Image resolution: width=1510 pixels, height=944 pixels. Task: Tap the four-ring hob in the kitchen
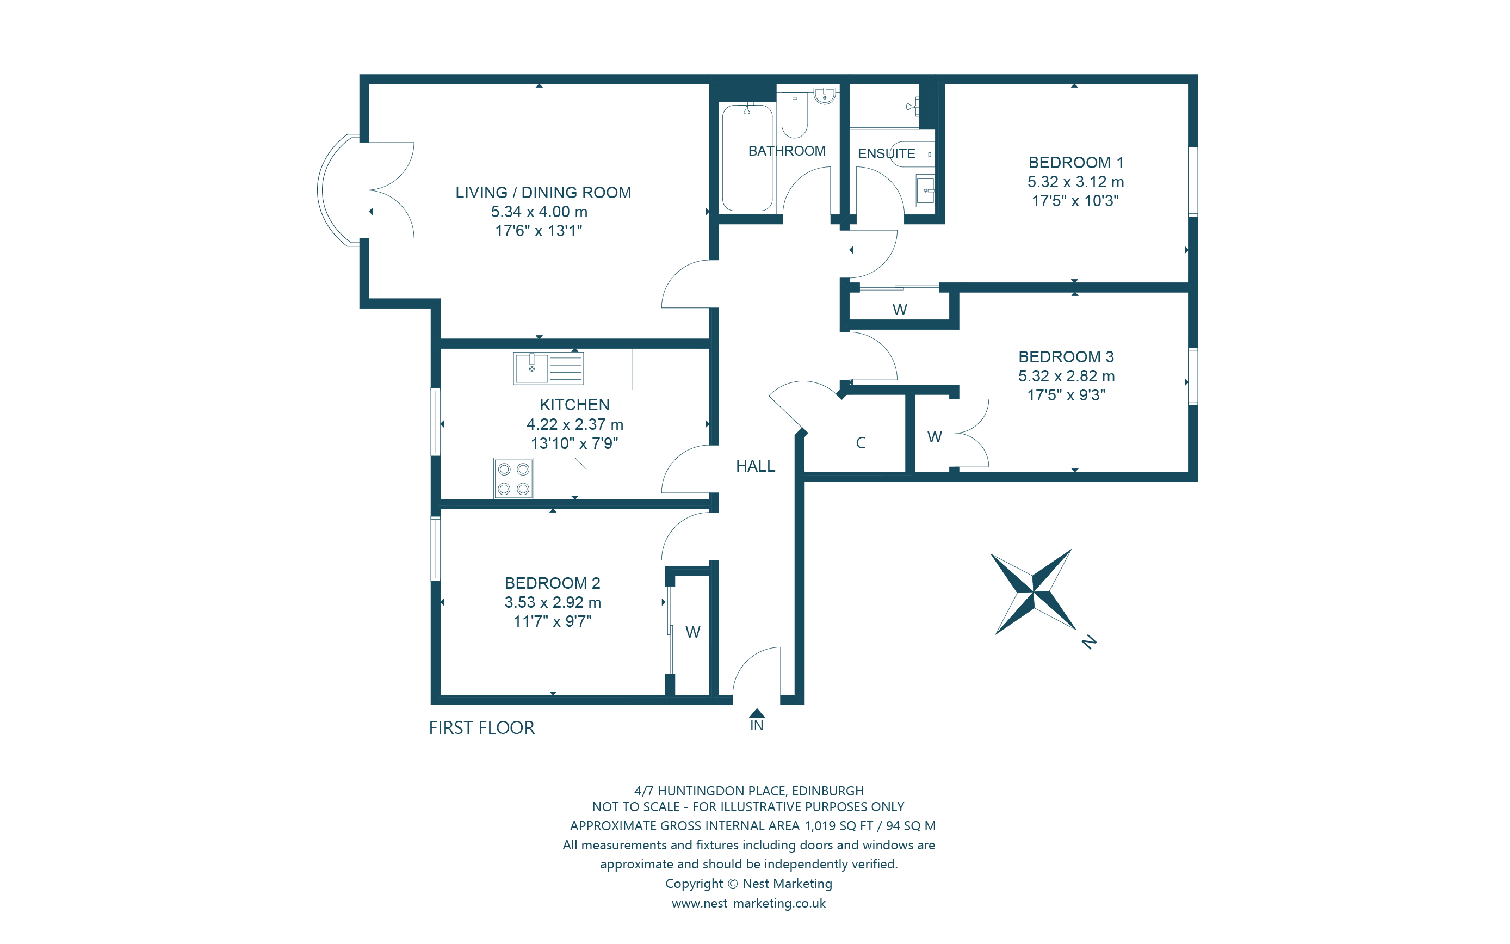(513, 479)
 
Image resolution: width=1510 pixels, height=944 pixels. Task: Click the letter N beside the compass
(1089, 642)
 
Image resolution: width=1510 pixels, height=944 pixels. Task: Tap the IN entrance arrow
(757, 714)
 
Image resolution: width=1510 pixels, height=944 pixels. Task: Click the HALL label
(755, 466)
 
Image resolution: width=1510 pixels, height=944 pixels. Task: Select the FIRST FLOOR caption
(481, 728)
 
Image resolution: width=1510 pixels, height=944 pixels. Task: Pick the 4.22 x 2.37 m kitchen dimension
(574, 424)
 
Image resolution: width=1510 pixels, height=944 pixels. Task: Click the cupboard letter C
(861, 443)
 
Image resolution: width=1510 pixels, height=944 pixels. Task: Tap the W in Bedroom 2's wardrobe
(692, 632)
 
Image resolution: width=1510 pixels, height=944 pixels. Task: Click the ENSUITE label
(886, 153)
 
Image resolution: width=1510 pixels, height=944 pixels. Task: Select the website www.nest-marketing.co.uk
(748, 903)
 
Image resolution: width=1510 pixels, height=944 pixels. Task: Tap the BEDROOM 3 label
(1066, 357)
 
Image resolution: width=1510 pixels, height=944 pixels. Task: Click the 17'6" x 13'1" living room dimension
(539, 231)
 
